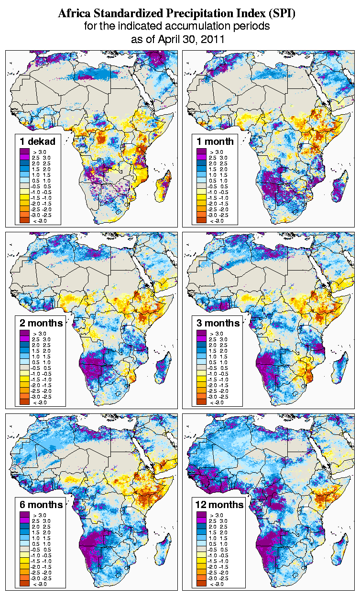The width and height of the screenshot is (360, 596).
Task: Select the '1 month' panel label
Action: [215, 141]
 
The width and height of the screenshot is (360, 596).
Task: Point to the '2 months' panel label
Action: [41, 323]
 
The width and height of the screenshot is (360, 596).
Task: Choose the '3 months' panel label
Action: [218, 323]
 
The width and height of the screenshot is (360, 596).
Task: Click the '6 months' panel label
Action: [41, 504]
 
